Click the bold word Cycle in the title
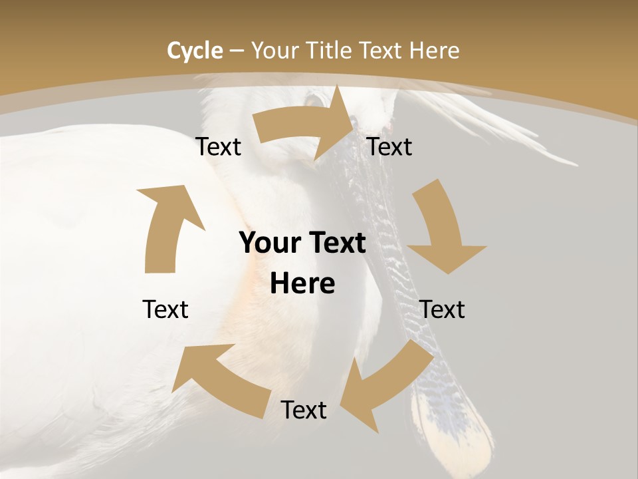(x=195, y=51)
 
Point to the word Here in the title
(x=434, y=51)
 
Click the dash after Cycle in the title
(x=237, y=51)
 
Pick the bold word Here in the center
(x=302, y=284)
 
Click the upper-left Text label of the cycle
(x=219, y=147)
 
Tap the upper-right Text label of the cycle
(x=389, y=147)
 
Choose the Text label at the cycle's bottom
(x=304, y=410)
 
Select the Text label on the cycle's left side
(x=165, y=309)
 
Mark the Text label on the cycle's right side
(x=442, y=309)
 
